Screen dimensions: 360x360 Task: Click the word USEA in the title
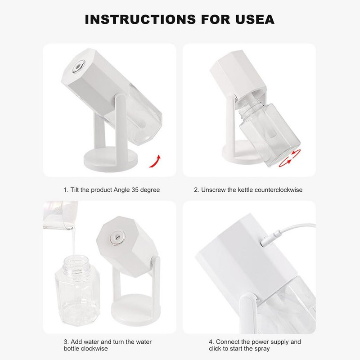tap(255, 19)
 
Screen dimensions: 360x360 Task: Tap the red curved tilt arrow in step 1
tap(155, 161)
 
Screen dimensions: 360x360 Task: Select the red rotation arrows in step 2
tap(290, 158)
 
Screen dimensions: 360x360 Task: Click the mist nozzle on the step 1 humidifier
tap(78, 66)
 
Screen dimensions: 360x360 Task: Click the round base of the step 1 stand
tap(111, 160)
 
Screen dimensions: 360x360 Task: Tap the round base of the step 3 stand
tap(136, 310)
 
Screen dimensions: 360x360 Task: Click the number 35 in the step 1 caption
tap(135, 190)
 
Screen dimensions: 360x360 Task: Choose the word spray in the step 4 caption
tap(262, 349)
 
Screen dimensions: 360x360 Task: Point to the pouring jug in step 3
tap(60, 215)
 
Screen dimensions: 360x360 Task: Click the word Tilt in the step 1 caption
tap(75, 190)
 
